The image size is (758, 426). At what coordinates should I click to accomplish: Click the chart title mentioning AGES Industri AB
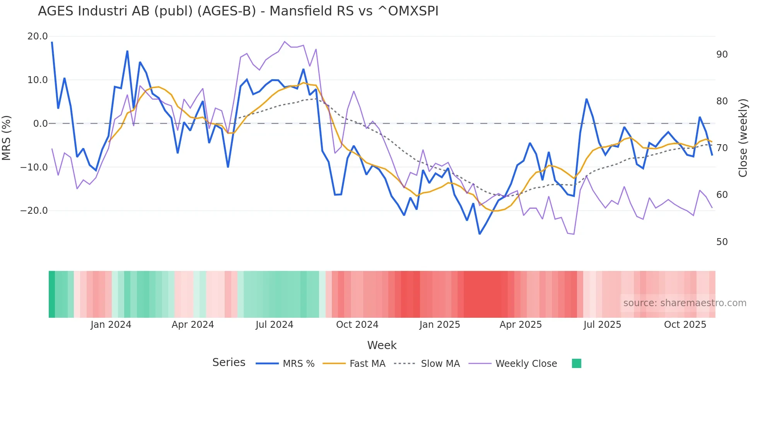coord(238,11)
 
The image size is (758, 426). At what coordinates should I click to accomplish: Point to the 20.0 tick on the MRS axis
coord(38,36)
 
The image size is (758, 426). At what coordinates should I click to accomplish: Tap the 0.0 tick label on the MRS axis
coord(40,124)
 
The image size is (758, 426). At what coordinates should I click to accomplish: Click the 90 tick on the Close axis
coord(722,55)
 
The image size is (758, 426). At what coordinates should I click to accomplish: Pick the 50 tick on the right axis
coord(722,242)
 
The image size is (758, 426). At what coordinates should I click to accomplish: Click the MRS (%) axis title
coord(7,138)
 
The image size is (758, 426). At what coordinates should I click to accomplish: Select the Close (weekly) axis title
coord(743,138)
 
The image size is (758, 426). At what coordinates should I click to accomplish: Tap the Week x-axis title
coord(382,345)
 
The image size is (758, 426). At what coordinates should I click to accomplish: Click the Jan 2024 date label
coord(111,325)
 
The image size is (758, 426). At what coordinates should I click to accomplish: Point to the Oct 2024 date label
coord(357,325)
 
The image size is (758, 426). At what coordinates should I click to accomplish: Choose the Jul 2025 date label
coord(602,325)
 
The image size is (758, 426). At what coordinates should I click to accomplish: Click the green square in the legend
coord(576,363)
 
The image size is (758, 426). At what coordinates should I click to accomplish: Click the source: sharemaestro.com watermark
coord(685,303)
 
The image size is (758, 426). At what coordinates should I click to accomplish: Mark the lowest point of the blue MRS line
coord(480,234)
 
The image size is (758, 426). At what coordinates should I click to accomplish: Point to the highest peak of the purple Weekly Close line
coord(285,41)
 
